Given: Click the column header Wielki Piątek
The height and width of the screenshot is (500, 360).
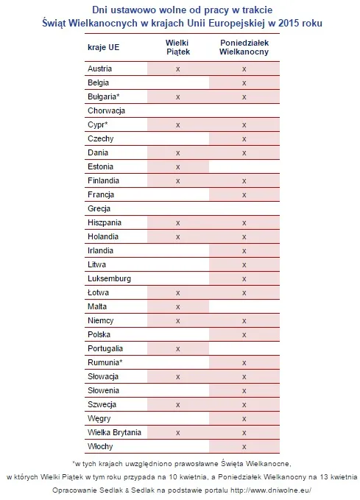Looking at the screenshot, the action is tap(177, 48).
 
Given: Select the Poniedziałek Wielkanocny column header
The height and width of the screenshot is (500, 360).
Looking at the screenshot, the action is tap(244, 48).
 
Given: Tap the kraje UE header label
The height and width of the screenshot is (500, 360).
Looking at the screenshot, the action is tap(104, 48).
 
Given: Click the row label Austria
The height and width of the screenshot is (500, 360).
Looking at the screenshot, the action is tap(100, 68).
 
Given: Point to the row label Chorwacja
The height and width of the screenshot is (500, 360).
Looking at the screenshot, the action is tap(106, 110).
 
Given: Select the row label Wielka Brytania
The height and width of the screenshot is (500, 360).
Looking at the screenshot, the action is tap(114, 432).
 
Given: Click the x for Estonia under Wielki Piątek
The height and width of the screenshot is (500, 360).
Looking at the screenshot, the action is tap(177, 166).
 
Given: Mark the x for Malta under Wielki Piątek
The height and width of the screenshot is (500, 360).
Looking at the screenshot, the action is tap(177, 306).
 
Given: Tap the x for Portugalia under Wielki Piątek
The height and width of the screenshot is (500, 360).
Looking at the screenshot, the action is tap(177, 348).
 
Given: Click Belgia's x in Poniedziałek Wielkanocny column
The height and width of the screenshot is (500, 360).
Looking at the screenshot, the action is tap(244, 82).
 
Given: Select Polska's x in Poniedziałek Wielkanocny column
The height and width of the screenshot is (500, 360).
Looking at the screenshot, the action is tap(244, 334).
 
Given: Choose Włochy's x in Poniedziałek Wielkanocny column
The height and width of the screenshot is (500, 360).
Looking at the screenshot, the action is tap(244, 446).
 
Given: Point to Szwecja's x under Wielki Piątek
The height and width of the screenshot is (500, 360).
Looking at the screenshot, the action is tap(177, 404).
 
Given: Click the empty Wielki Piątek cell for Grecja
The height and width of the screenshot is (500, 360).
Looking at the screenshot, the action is tap(177, 208).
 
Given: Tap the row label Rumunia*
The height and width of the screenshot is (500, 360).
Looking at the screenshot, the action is tap(105, 362).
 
